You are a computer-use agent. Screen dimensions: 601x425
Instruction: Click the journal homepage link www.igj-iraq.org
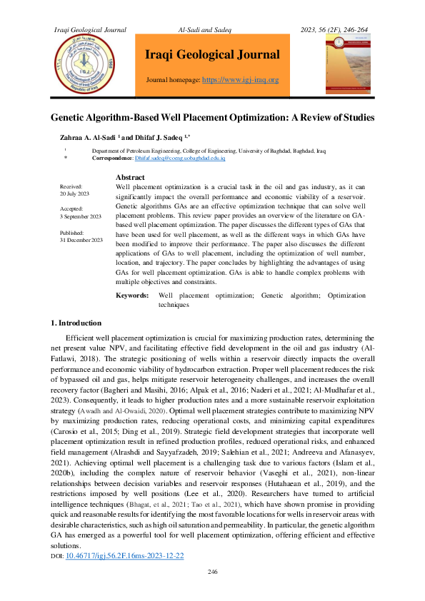pyautogui.click(x=241, y=80)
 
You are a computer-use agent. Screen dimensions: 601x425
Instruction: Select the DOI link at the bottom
pyautogui.click(x=124, y=555)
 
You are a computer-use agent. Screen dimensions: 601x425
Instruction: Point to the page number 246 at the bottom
pyautogui.click(x=212, y=572)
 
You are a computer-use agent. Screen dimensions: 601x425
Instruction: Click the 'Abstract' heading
pyautogui.click(x=130, y=177)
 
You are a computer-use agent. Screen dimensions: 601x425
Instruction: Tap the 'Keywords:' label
pyautogui.click(x=132, y=295)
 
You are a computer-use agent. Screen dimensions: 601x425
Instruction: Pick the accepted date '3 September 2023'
pyautogui.click(x=81, y=216)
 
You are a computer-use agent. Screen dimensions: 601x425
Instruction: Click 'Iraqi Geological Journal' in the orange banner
pyautogui.click(x=212, y=55)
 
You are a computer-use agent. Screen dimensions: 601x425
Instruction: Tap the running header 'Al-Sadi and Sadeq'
pyautogui.click(x=212, y=29)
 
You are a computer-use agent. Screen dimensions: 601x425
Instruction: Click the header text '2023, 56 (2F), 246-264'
pyautogui.click(x=334, y=29)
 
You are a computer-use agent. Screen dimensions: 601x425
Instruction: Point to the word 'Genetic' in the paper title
pyautogui.click(x=71, y=116)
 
